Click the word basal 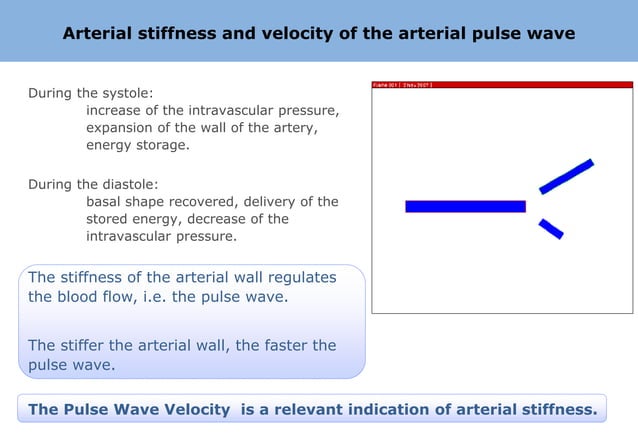tap(104, 201)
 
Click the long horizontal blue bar tap(465, 206)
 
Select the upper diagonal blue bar tap(566, 176)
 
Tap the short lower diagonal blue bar tap(551, 229)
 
